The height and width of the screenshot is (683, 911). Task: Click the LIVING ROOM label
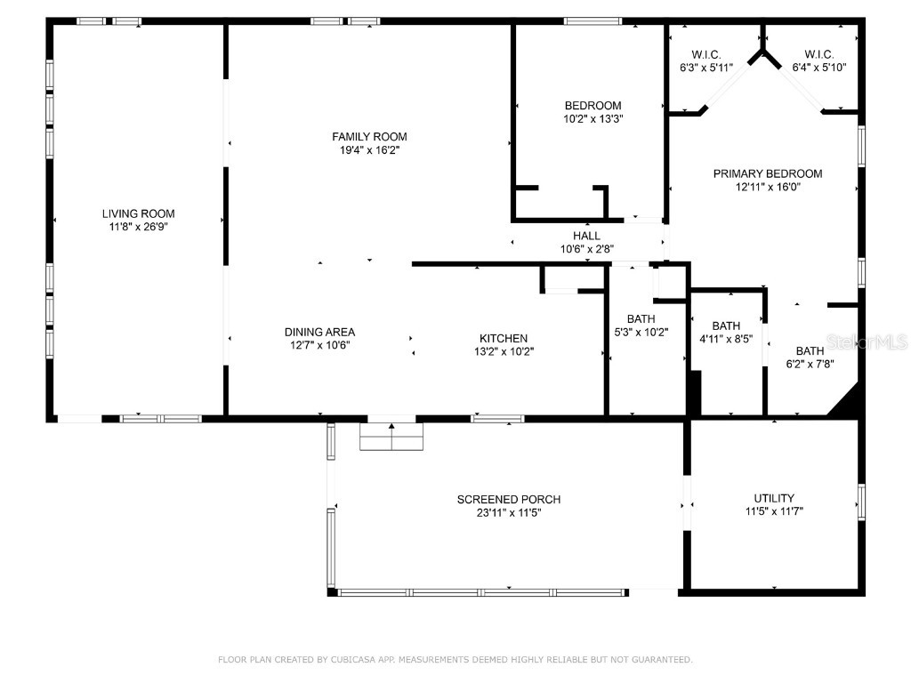(x=138, y=213)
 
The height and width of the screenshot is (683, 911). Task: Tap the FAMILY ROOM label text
(x=369, y=136)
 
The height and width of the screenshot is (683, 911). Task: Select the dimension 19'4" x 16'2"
(x=369, y=150)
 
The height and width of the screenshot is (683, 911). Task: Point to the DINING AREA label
(x=319, y=332)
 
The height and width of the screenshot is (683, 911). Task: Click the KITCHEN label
(x=504, y=338)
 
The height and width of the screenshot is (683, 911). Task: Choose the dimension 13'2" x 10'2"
(x=504, y=351)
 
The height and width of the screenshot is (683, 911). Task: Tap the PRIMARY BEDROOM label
(x=767, y=173)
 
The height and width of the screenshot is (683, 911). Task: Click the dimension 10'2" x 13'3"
(x=592, y=118)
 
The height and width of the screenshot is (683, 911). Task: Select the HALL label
(x=586, y=236)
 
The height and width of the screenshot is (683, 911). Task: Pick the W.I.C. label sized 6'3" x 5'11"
(x=705, y=54)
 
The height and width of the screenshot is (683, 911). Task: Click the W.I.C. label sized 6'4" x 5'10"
(x=818, y=54)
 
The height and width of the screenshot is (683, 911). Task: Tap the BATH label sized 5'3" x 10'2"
(x=641, y=319)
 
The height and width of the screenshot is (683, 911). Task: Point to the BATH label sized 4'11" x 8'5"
(x=726, y=325)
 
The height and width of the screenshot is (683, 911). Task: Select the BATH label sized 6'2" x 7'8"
(x=810, y=350)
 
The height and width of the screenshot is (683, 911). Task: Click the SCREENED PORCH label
(x=509, y=499)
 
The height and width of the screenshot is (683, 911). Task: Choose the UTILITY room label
(x=773, y=498)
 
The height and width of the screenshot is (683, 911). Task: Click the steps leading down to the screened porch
(x=391, y=438)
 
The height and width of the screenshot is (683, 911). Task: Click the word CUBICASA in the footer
(x=354, y=660)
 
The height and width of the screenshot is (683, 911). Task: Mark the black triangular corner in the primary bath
(x=847, y=403)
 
